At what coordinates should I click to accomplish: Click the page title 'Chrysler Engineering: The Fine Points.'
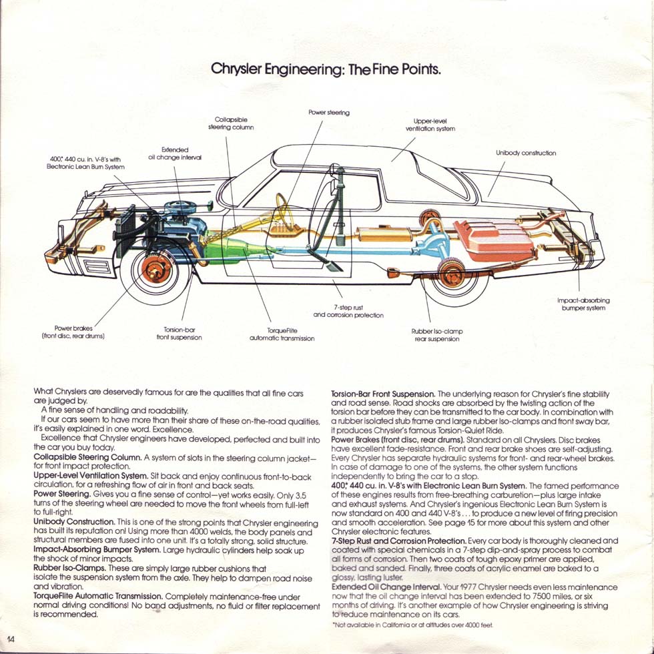pos(326,69)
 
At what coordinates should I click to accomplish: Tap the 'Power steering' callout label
pos(329,112)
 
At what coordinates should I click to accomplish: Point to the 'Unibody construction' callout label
pos(526,153)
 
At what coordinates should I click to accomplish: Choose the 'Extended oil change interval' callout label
pos(175,153)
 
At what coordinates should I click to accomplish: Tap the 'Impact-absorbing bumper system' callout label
pos(583,304)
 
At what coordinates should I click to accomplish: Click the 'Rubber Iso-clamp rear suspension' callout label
pos(436,335)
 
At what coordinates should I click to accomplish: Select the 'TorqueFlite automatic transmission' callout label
pos(282,334)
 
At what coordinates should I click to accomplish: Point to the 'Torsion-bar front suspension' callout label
pos(182,334)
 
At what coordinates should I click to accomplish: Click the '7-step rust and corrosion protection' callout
pos(348,310)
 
